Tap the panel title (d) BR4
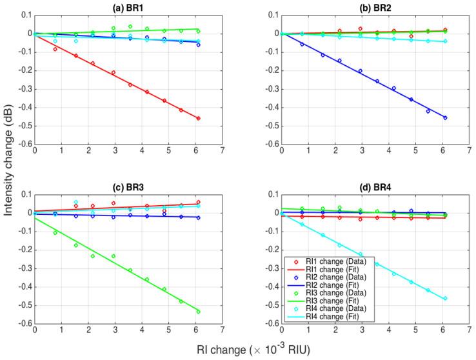(x=375, y=186)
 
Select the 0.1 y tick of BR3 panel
(x=26, y=194)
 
